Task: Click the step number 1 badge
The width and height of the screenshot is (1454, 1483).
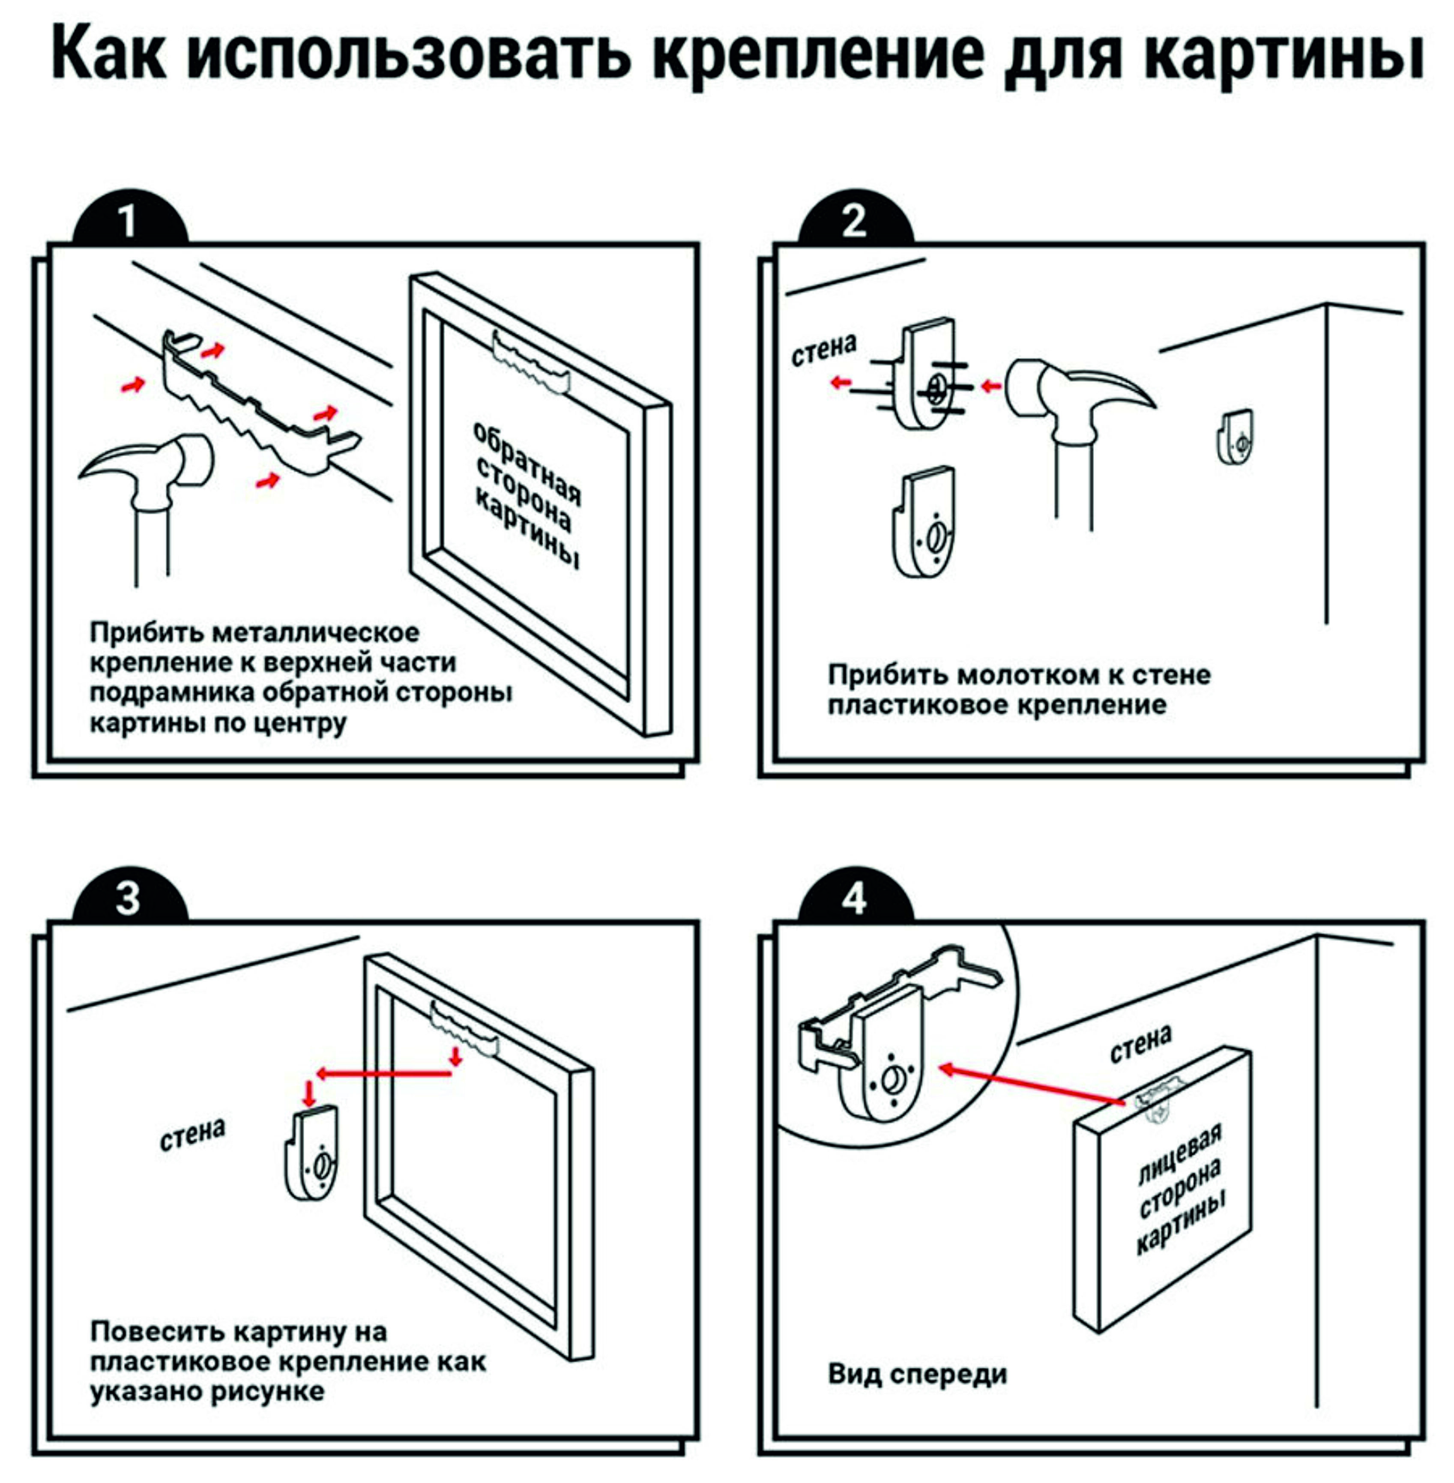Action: point(128,222)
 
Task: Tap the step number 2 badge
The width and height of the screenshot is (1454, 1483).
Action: point(855,222)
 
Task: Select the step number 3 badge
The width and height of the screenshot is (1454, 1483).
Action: point(128,899)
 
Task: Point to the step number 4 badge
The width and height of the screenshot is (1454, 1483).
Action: point(855,899)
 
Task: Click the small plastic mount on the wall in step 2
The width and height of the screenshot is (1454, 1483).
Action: point(1235,437)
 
